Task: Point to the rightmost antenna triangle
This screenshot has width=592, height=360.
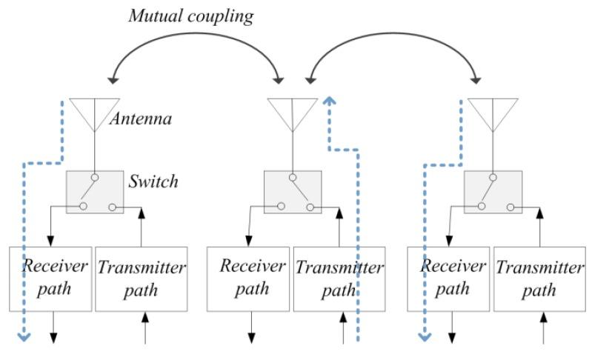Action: [x=491, y=113]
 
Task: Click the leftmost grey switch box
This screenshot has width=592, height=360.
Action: [x=96, y=192]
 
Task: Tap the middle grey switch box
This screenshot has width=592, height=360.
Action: [x=293, y=192]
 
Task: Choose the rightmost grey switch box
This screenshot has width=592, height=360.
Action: [x=491, y=192]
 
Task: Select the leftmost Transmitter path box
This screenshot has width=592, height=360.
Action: [x=140, y=278]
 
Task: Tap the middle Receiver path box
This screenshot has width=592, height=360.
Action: [x=248, y=278]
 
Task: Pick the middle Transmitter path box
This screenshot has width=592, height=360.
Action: [x=338, y=278]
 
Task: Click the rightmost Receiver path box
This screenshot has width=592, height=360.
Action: [x=448, y=278]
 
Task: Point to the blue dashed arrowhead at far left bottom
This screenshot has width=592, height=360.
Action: [x=24, y=338]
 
